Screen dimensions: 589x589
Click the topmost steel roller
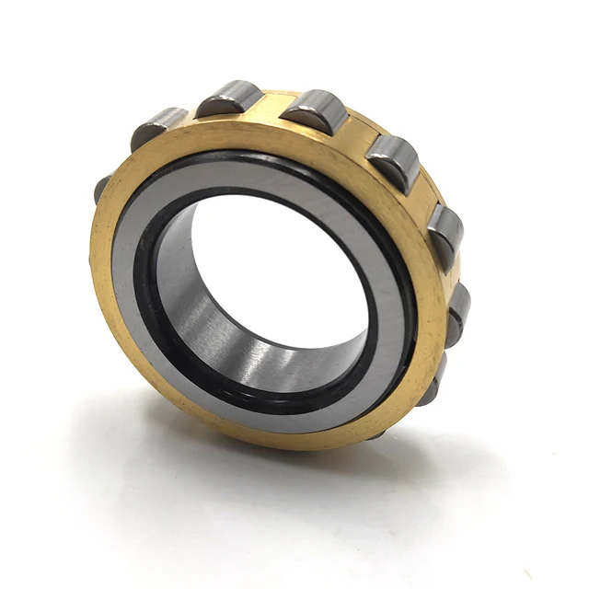point(229,97)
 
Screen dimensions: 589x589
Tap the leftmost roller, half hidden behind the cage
point(101,188)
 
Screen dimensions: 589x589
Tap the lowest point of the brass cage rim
point(304,440)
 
